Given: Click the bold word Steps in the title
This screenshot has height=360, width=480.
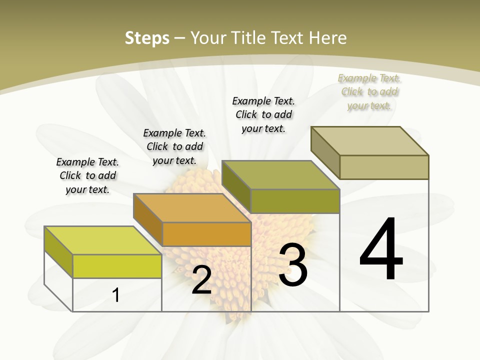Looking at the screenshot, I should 147,38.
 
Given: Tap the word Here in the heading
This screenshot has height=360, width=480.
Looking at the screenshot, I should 328,38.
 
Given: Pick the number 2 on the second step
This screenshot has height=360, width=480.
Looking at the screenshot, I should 201,280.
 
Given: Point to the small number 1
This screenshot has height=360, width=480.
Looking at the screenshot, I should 115,295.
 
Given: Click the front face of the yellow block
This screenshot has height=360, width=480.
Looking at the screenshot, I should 117,266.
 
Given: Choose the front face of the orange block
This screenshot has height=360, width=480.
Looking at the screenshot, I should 206,234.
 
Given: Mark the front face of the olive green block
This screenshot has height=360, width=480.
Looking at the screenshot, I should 295,201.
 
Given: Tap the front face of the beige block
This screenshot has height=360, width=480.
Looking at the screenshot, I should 384,167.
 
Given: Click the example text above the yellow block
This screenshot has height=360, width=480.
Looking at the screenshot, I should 87,175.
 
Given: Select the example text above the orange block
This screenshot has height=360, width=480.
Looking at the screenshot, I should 174,146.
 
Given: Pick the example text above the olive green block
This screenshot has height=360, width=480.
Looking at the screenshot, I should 263,114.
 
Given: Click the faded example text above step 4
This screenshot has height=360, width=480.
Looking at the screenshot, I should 369,91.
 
